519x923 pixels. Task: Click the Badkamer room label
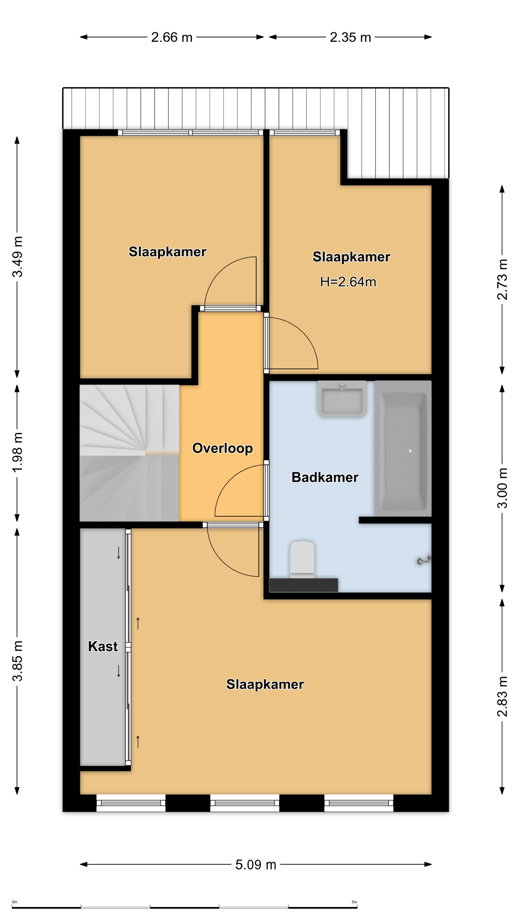[x=325, y=477]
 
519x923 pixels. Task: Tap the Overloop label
[x=222, y=448]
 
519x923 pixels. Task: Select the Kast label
[x=103, y=646]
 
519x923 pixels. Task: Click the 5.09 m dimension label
[x=256, y=865]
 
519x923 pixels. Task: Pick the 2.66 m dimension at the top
[x=172, y=37]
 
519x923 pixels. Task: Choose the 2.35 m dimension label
[x=350, y=37]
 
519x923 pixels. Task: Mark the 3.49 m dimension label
[x=18, y=256]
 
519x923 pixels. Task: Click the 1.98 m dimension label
[x=18, y=452]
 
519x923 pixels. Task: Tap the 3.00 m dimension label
[x=502, y=488]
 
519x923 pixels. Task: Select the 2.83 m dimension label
[x=502, y=696]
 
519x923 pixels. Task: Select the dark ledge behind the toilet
[x=303, y=585]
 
